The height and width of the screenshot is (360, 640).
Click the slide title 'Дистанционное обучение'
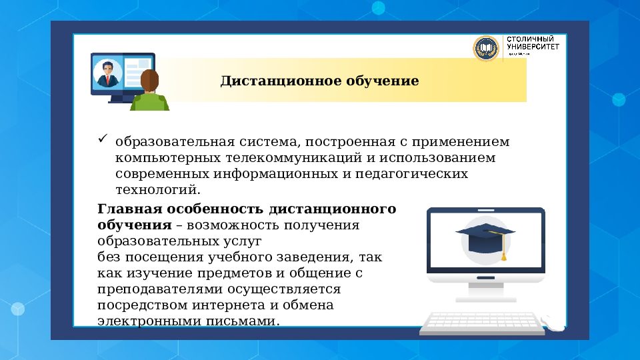[x=320, y=81]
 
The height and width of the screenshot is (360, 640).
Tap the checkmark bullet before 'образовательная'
[x=103, y=139]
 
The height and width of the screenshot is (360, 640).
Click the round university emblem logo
[x=486, y=49]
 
